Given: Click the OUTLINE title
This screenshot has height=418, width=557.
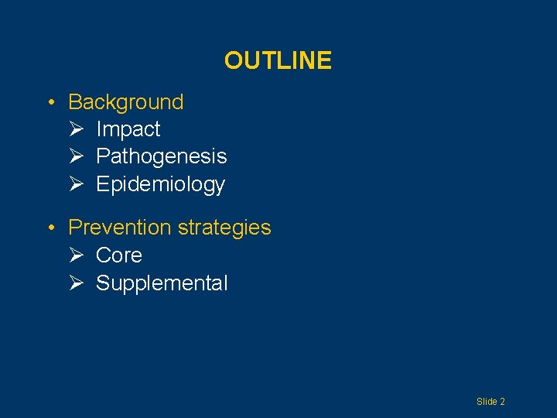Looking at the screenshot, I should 278,60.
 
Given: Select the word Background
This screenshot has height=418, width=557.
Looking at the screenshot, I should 126,102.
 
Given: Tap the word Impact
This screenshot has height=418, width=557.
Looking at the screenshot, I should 128,129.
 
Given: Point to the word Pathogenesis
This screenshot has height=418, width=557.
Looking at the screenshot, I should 161,156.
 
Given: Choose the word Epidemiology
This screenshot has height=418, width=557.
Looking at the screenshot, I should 160,184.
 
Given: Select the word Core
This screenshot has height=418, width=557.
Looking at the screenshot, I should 118,255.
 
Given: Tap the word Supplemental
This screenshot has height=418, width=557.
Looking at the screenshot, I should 162,283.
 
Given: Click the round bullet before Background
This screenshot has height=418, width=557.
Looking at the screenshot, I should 50,103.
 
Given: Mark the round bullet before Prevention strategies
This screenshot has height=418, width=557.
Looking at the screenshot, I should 50,228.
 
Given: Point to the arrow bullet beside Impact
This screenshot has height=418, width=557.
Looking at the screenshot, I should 75,129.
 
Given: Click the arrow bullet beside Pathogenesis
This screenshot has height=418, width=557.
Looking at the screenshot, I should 75,156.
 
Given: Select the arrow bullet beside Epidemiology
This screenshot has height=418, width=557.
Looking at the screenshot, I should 75,184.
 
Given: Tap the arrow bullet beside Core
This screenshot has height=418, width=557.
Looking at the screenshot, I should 75,255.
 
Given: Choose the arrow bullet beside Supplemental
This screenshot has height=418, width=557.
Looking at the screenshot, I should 75,283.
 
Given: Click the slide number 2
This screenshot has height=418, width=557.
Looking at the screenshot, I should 502,402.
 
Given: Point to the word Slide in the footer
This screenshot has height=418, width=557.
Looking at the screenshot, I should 487,402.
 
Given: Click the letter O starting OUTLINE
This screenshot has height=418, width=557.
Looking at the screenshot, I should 232,60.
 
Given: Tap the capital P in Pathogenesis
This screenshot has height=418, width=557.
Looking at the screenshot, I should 102,156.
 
